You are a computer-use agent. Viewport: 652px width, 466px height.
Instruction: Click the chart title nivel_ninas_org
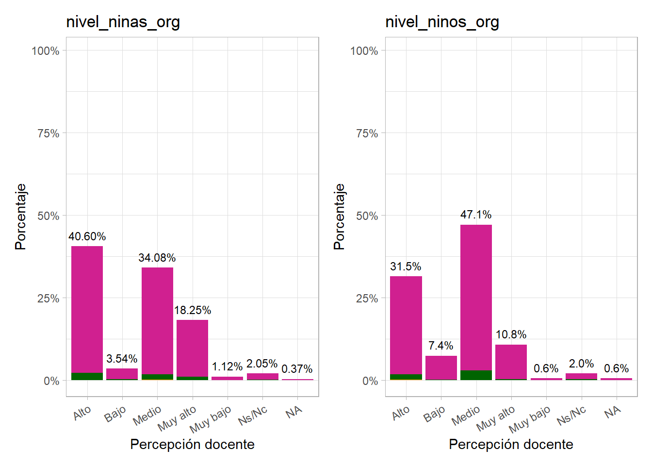pyautogui.click(x=123, y=22)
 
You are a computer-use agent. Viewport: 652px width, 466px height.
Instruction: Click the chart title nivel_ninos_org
pyautogui.click(x=442, y=22)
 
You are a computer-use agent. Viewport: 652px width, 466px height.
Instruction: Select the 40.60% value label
pyautogui.click(x=87, y=236)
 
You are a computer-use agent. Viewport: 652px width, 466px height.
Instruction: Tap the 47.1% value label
pyautogui.click(x=476, y=215)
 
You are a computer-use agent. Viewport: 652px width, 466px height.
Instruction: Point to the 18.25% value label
pyautogui.click(x=193, y=310)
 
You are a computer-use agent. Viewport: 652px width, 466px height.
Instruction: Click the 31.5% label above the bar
pyautogui.click(x=406, y=266)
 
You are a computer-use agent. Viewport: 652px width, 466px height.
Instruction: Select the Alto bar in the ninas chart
pyautogui.click(x=87, y=311)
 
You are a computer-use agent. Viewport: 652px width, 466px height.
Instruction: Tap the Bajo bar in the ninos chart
pyautogui.click(x=441, y=367)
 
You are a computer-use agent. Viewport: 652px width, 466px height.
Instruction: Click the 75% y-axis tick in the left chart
pyautogui.click(x=48, y=133)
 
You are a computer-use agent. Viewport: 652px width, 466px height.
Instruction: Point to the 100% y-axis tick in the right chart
pyautogui.click(x=364, y=51)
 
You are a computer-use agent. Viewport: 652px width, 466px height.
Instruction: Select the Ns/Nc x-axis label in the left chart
pyautogui.click(x=253, y=416)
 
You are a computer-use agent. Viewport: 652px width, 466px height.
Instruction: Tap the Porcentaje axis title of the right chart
pyautogui.click(x=339, y=216)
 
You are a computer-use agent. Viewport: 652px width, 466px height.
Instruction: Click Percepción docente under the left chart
pyautogui.click(x=192, y=444)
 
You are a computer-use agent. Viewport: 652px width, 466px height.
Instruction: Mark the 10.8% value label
pyautogui.click(x=511, y=334)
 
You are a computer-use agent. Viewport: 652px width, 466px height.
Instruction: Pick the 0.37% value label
pyautogui.click(x=297, y=369)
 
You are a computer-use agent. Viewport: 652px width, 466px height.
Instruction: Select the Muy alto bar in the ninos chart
pyautogui.click(x=511, y=362)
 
